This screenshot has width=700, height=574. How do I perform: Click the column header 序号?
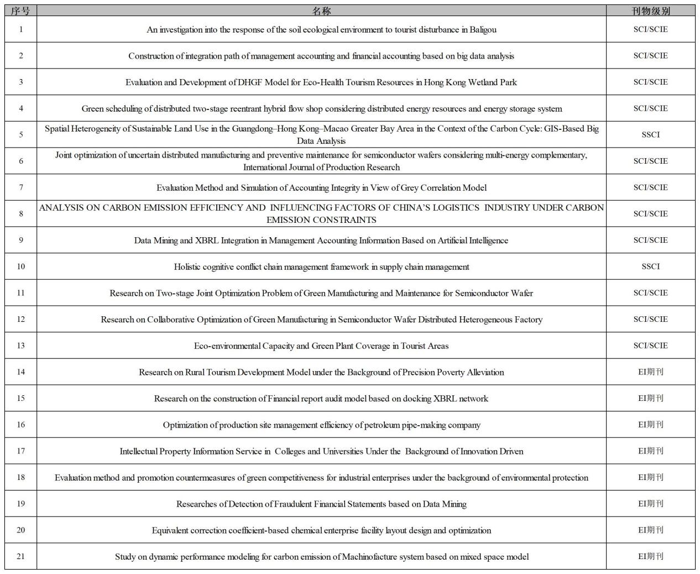click(20, 11)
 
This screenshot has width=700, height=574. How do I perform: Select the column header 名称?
click(321, 11)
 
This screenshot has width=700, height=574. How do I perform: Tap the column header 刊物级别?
click(650, 11)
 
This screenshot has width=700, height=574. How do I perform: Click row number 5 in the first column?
click(21, 134)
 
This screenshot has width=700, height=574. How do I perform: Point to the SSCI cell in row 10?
click(650, 267)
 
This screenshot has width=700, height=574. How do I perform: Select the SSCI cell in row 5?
click(650, 134)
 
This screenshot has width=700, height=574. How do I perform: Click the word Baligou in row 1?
click(483, 30)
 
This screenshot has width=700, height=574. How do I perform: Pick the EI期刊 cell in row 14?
click(650, 372)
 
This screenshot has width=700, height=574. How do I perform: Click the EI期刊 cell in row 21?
click(650, 556)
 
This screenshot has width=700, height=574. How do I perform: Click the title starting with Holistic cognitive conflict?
click(321, 267)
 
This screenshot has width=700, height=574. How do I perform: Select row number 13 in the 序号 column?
click(21, 346)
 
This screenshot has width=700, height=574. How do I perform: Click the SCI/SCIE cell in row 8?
click(650, 213)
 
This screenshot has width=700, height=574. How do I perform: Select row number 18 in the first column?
click(21, 477)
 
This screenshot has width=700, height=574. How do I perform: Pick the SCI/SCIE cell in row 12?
click(650, 319)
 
